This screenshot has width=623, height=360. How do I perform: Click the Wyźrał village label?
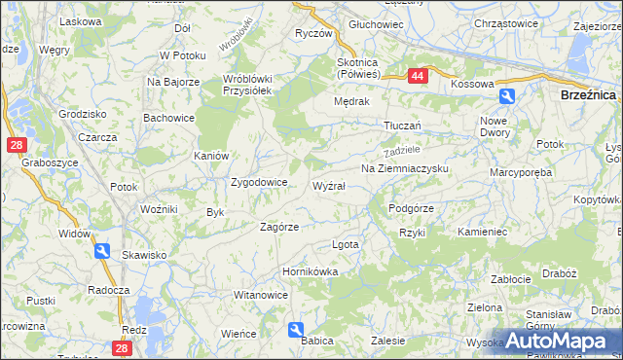click(x=328, y=185)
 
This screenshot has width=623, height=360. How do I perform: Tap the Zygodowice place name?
click(x=258, y=182)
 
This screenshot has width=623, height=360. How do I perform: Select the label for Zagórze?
click(x=278, y=227)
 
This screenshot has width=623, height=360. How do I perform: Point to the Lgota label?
click(x=346, y=244)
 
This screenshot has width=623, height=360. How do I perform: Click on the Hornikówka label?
click(x=310, y=272)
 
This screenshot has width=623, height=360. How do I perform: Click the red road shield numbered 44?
click(x=417, y=75)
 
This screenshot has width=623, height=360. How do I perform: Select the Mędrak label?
click(x=351, y=100)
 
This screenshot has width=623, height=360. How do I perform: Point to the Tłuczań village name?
click(x=401, y=126)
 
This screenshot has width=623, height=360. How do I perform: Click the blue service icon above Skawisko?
click(x=103, y=251)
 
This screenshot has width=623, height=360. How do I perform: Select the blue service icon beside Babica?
click(x=297, y=330)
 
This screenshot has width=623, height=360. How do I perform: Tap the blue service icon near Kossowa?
click(x=507, y=96)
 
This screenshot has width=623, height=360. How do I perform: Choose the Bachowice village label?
click(x=168, y=118)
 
